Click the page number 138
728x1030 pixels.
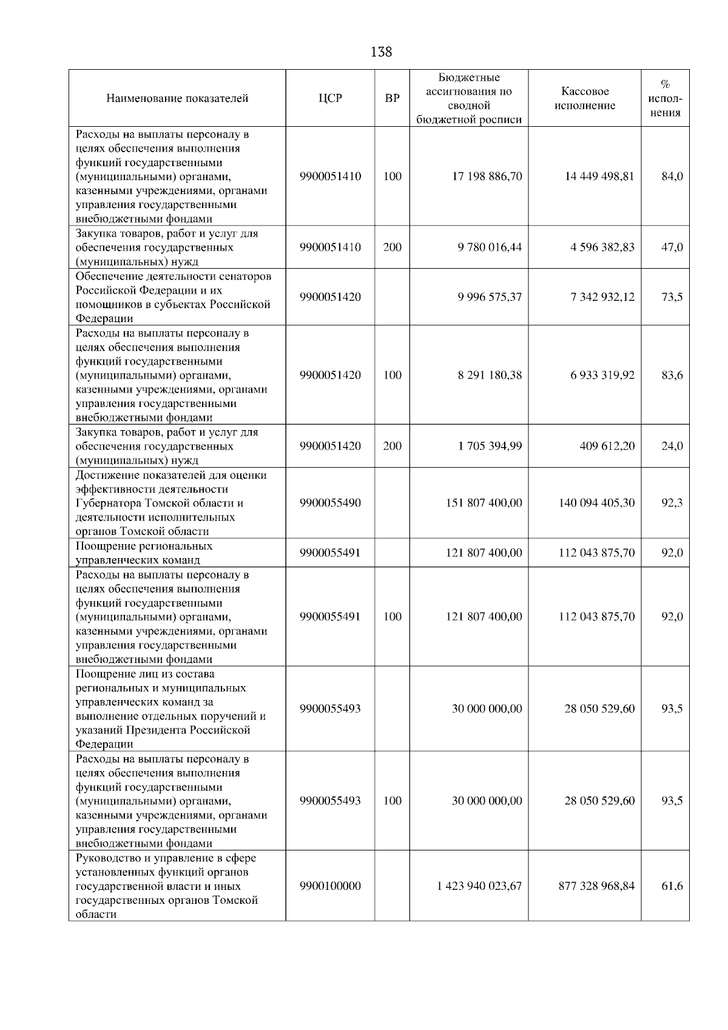click(381, 52)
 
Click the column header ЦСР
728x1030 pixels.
click(331, 98)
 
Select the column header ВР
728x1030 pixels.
click(393, 98)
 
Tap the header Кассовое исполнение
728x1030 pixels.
click(584, 98)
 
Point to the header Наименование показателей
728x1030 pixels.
click(177, 98)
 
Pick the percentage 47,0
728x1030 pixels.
click(672, 247)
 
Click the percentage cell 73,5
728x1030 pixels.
click(672, 297)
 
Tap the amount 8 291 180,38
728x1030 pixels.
click(490, 375)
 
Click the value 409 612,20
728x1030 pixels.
click(607, 446)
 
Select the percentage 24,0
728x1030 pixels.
click(672, 446)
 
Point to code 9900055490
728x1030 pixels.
click(331, 503)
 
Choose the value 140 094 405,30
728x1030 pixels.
click(596, 503)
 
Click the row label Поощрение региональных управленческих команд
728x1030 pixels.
click(144, 553)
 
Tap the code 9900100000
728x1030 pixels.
click(331, 886)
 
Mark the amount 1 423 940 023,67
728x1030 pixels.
click(479, 886)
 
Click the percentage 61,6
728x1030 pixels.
click(672, 886)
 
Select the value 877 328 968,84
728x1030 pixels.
click(596, 886)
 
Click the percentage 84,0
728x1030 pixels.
click(672, 177)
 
